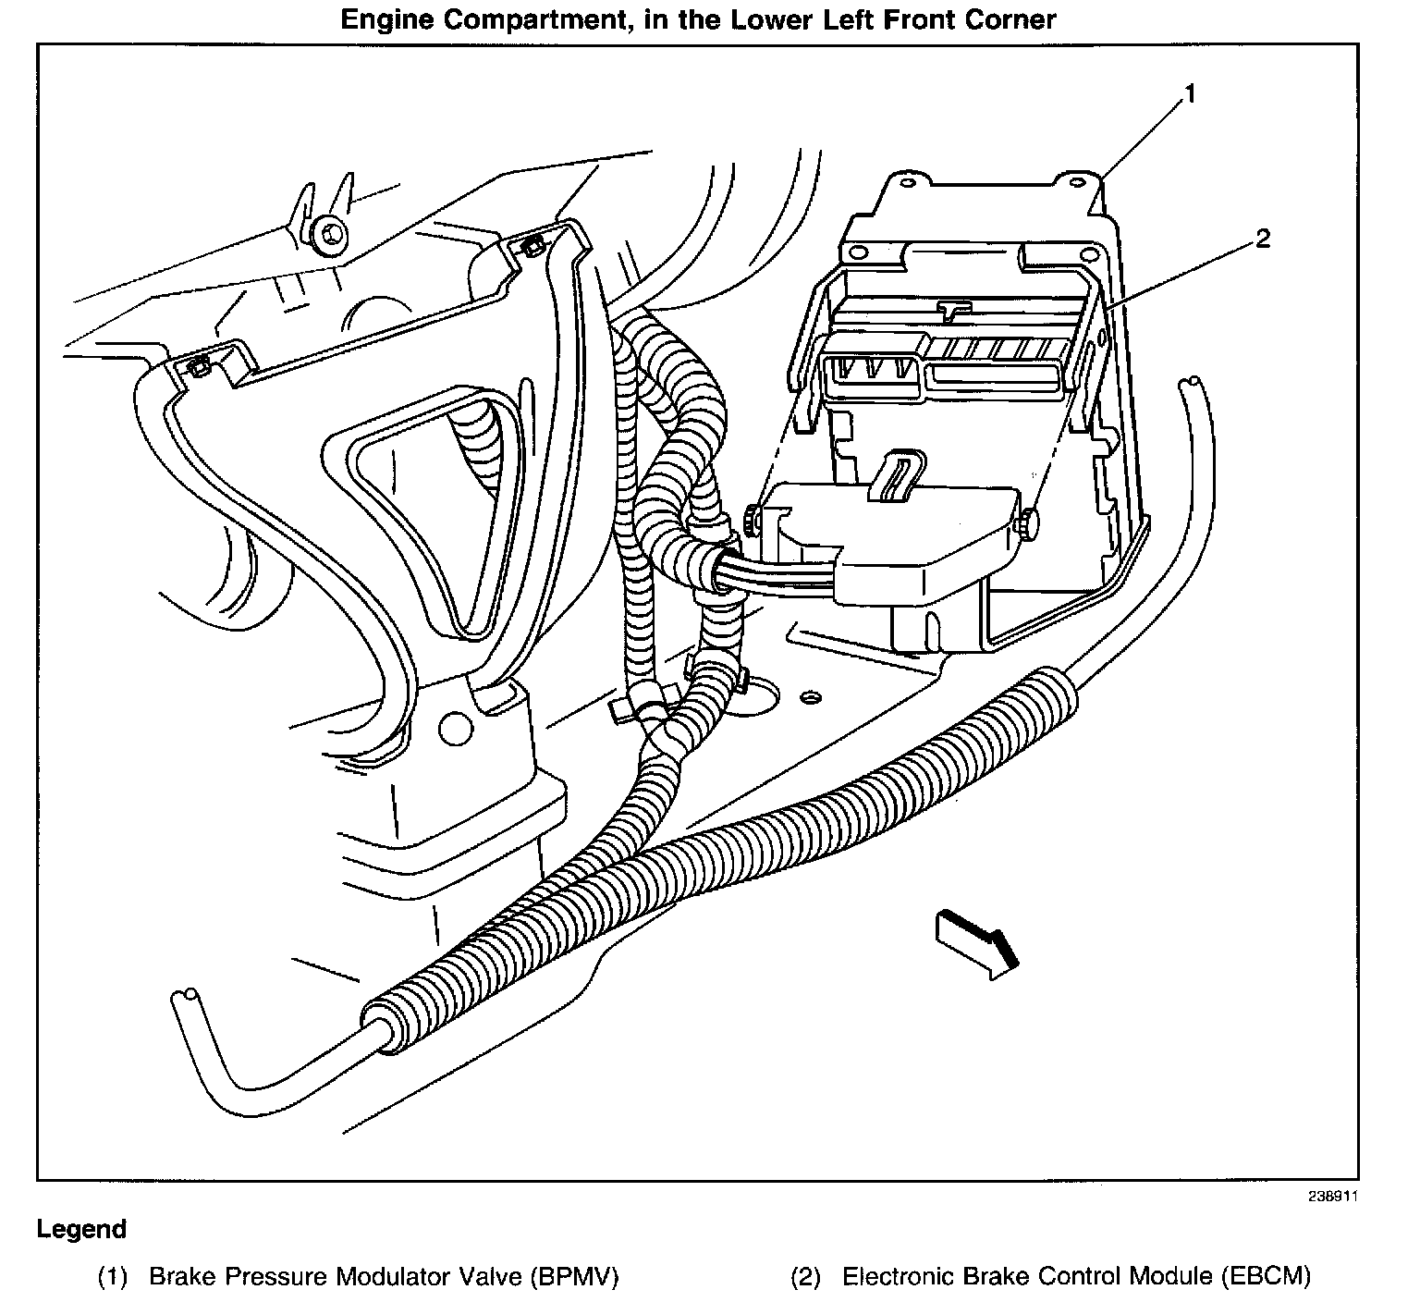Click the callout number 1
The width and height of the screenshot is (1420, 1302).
pos(1191,94)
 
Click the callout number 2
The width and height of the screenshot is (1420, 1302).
pos(1262,239)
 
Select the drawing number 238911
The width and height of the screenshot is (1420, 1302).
pos(1334,1196)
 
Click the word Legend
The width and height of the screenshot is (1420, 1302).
pos(81,1230)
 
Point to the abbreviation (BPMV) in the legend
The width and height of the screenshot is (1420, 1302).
pos(575,1278)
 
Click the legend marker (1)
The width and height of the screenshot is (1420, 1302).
pos(113,1278)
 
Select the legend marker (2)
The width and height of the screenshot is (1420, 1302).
pos(805,1278)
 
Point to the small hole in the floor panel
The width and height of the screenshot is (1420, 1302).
pos(810,695)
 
